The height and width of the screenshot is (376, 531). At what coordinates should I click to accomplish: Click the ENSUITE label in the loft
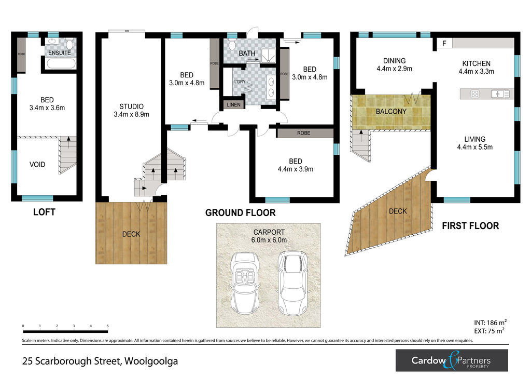coord(60,53)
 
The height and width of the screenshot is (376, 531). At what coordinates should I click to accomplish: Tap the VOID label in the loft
coord(37,165)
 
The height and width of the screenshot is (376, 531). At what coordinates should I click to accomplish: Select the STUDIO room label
coord(131,106)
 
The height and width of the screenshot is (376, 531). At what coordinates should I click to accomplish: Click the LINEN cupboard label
coord(234,105)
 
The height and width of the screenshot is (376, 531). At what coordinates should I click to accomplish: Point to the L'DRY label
coord(240,82)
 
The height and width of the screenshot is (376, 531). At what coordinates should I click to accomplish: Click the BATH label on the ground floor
coord(247,53)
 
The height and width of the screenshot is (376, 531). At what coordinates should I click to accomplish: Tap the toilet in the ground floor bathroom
coord(232,45)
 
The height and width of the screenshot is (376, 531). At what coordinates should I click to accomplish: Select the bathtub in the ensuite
coord(60,64)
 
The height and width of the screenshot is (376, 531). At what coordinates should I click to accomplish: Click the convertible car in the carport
coord(245,283)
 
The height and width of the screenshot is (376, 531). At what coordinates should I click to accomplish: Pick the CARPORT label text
coord(269,232)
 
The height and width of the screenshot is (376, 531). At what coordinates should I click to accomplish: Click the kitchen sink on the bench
coord(497,93)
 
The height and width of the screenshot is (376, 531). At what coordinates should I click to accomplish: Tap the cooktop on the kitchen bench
coord(475,94)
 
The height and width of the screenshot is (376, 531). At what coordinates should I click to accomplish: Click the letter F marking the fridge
coord(444,44)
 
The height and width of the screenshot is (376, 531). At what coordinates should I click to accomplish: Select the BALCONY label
coord(391,112)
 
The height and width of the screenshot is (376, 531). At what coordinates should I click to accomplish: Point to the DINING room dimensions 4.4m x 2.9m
coord(395,69)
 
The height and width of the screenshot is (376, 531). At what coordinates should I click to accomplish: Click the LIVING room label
coord(475,139)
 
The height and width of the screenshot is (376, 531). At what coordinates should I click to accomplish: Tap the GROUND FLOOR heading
coord(241,213)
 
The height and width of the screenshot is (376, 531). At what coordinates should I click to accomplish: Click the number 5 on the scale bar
coord(108,326)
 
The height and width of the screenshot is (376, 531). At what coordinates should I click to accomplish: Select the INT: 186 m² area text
coord(491,323)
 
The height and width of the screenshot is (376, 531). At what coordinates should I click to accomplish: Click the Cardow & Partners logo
coord(452,360)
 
